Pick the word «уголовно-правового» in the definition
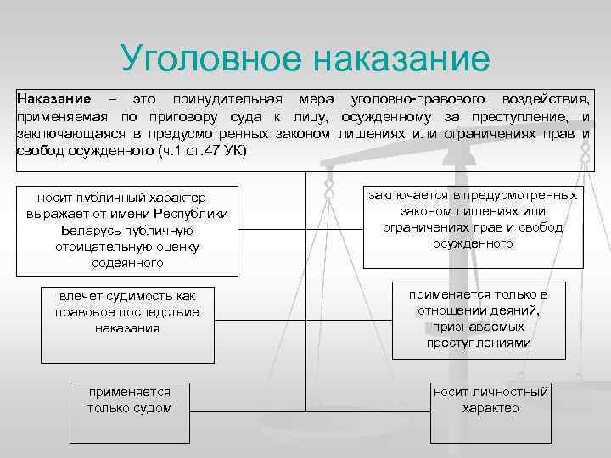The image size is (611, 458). tap(404, 99)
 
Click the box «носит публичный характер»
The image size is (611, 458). tap(127, 229)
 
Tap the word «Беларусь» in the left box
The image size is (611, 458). tap(94, 230)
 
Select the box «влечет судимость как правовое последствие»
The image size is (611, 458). tap(127, 312)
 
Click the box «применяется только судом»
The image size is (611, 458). tap(129, 399)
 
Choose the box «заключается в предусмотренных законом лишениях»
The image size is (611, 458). tap(473, 219)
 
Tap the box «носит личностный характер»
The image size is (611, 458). tap(490, 399)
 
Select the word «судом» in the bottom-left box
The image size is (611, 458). tap(154, 408)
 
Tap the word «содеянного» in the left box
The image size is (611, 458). tap(127, 263)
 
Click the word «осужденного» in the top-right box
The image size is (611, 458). tap(473, 243)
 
